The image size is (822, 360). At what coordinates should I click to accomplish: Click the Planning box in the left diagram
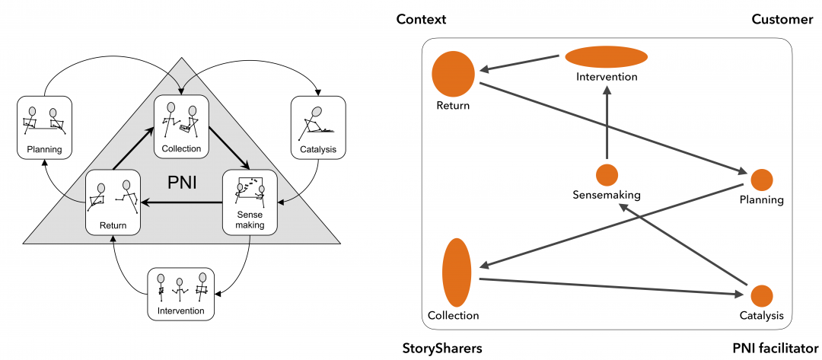pos(43,126)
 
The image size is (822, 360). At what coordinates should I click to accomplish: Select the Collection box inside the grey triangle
pos(181,126)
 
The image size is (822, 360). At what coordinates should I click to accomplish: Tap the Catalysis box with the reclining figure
pos(319,126)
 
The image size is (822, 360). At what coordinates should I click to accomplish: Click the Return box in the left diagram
pos(113,202)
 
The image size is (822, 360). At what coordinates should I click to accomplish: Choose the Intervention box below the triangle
pos(181,293)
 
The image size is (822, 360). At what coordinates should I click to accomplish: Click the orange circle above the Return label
pos(453,75)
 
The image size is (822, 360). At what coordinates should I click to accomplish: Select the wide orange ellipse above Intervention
pos(607,57)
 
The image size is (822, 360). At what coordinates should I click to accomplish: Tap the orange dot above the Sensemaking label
pos(607,175)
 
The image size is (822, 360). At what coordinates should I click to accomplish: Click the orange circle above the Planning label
pos(762,180)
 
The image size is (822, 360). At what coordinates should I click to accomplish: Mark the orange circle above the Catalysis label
pos(762,296)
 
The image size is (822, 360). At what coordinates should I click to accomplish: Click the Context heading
pos(421,19)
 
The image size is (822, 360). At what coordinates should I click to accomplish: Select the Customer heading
pos(782,19)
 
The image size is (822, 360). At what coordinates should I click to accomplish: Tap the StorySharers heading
pos(442,349)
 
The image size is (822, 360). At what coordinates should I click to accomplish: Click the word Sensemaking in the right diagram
pos(607,195)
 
